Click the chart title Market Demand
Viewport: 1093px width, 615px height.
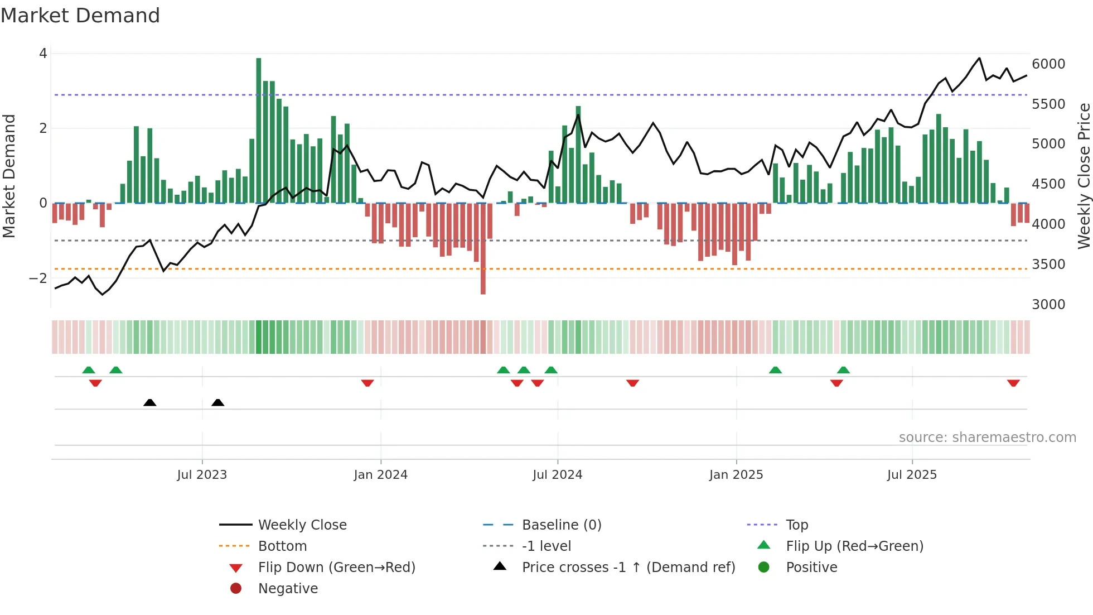click(80, 16)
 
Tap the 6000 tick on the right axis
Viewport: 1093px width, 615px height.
click(1048, 64)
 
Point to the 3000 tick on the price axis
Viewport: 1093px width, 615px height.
click(1048, 305)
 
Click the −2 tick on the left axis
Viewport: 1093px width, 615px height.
click(38, 278)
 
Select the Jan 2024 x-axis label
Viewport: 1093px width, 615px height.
click(380, 475)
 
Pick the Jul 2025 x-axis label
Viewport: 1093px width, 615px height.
click(912, 475)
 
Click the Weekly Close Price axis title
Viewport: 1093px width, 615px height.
click(1084, 176)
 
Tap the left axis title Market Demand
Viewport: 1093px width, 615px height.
click(9, 176)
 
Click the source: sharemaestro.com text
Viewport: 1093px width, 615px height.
click(987, 438)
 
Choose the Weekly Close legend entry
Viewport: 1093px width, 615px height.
click(302, 525)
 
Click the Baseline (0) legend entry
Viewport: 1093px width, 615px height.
click(561, 525)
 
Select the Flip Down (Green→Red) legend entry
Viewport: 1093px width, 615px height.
click(336, 568)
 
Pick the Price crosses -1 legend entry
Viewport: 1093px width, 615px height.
click(628, 568)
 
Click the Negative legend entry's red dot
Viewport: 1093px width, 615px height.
click(236, 589)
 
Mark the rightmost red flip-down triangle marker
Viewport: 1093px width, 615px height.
click(1013, 383)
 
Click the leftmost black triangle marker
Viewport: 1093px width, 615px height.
click(149, 402)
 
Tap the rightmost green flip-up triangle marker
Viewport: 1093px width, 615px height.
click(843, 370)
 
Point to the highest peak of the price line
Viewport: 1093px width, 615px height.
click(979, 58)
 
